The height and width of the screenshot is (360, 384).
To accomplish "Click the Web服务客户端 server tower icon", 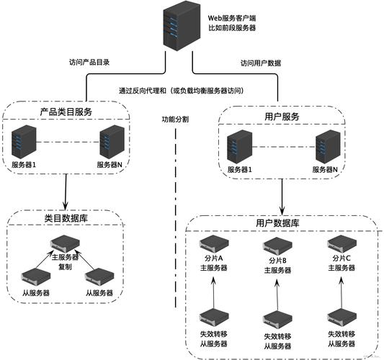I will pos(181,27).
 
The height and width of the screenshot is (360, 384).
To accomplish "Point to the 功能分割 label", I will pos(176,120).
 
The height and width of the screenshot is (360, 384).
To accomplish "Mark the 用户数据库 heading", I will pos(277,224).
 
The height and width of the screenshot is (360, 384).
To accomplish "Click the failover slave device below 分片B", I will pos(277,319).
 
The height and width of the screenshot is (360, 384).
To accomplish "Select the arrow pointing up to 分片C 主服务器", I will pos(341,292).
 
